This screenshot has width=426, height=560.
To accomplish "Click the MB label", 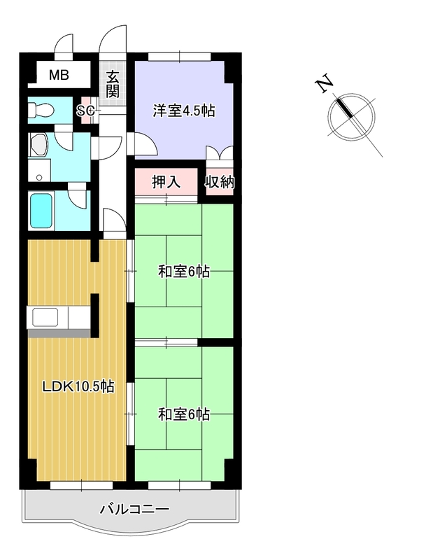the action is (x=59, y=76).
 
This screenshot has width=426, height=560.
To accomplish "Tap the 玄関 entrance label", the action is (x=113, y=85).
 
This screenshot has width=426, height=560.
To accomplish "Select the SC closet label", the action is (x=86, y=111).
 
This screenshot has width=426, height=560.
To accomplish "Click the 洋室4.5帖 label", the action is (x=184, y=111).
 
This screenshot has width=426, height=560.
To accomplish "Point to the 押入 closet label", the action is (x=166, y=182).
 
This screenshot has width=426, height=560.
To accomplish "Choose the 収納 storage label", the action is (x=220, y=182).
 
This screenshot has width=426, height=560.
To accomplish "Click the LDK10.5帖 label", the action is (x=78, y=386).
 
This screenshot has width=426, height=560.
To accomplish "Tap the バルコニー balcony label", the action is (x=134, y=509).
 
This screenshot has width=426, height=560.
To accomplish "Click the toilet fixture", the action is (x=41, y=111).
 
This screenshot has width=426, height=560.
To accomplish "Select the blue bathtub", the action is (x=41, y=211).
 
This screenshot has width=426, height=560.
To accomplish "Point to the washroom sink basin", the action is (x=38, y=145).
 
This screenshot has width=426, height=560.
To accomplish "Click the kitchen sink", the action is (x=45, y=317).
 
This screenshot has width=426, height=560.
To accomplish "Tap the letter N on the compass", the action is (x=324, y=83).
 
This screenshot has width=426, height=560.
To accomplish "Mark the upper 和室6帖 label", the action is (x=184, y=272).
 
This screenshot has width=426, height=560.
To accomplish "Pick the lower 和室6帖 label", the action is (x=184, y=414).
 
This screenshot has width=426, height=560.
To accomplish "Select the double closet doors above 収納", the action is (x=220, y=153).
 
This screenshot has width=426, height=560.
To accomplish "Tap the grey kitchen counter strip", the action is (x=59, y=334).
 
